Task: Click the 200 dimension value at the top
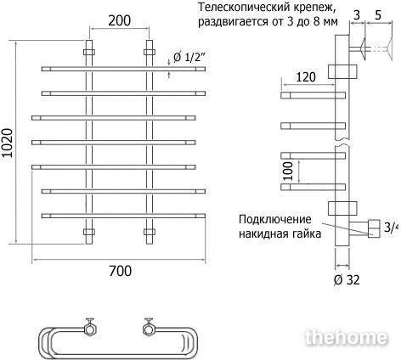click(x=120, y=20)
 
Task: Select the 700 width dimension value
click(x=120, y=271)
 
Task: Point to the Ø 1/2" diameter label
click(x=189, y=58)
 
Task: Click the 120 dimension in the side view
click(x=306, y=77)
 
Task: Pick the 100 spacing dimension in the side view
click(x=288, y=171)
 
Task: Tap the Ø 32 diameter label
click(x=347, y=280)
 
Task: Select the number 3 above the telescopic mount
click(x=357, y=15)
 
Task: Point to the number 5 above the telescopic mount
click(x=378, y=15)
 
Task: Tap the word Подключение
click(x=275, y=219)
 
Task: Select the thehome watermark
click(x=347, y=337)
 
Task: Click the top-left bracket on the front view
click(x=89, y=52)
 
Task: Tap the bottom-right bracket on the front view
click(x=150, y=232)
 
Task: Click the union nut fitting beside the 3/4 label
click(x=374, y=228)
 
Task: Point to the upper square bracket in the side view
click(x=342, y=71)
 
